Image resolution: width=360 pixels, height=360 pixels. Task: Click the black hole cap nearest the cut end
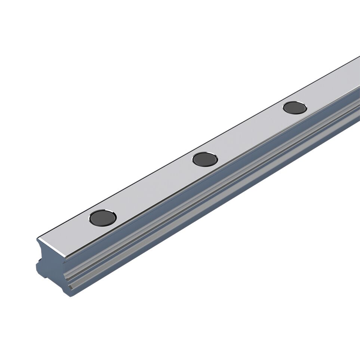(x=103, y=217)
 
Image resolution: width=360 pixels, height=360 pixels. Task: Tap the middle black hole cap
(x=205, y=159)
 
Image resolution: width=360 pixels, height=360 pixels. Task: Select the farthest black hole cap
(x=295, y=108)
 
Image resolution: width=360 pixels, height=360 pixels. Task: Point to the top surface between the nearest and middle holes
(x=153, y=187)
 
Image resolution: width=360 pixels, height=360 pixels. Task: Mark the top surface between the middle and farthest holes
(x=250, y=133)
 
